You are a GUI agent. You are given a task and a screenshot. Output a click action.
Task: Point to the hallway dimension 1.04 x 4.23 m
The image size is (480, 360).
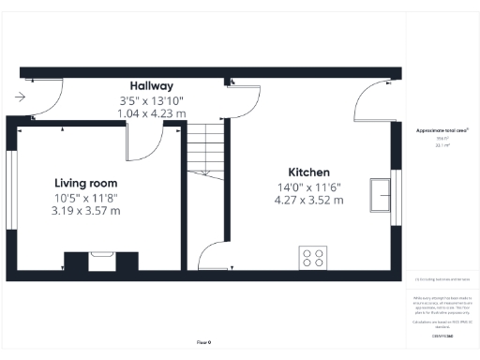[x=152, y=112]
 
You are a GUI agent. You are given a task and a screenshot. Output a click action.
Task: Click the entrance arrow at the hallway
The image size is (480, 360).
[x=20, y=96]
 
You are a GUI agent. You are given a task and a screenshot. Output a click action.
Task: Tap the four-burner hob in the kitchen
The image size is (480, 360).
[x=312, y=257]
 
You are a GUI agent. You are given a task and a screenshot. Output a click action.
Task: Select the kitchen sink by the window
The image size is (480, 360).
[x=382, y=195]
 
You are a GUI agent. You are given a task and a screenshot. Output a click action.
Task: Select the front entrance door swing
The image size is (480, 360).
[x=39, y=101]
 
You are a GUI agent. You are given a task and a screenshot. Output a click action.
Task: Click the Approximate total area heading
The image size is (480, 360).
[x=442, y=130]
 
